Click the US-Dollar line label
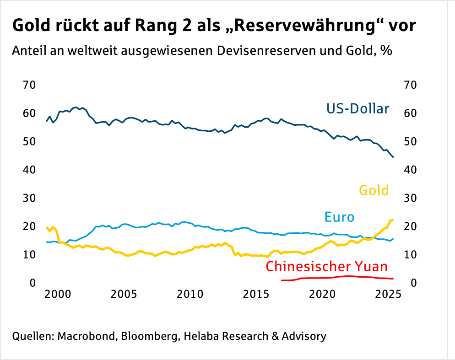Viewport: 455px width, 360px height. click(357, 109)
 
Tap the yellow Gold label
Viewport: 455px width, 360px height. click(374, 190)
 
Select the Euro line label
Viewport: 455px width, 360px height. click(339, 217)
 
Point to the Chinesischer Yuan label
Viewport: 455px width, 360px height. click(326, 267)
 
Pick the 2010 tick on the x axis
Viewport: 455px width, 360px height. click(190, 294)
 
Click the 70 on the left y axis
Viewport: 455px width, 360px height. click(29, 85)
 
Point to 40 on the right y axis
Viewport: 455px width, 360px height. click(410, 170)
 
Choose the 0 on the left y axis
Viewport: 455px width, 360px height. click(32, 283)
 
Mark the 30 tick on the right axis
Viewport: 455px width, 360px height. click(410, 198)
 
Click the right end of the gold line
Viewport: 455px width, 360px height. click(393, 220)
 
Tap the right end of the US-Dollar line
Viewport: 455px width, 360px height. click(393, 157)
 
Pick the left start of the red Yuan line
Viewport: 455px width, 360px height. click(282, 280)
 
